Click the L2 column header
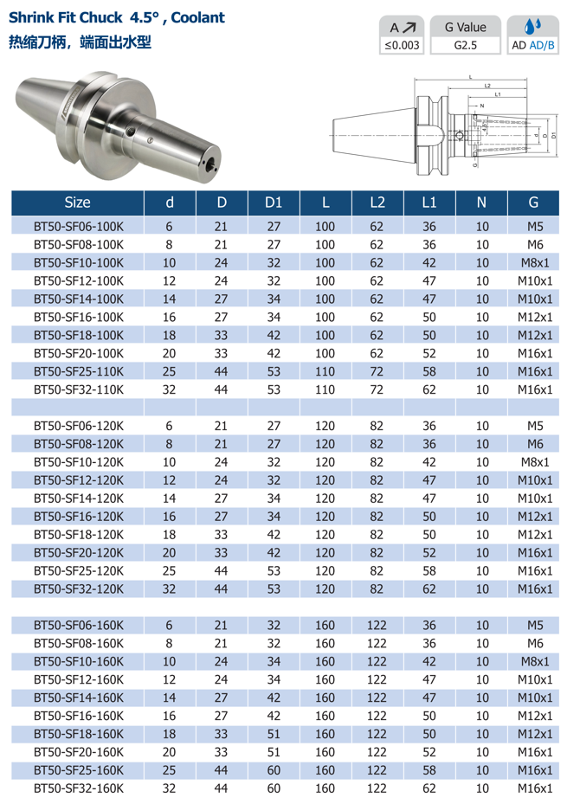[x=377, y=203]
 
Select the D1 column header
[x=274, y=203]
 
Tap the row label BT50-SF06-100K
[x=79, y=227]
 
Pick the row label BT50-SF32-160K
[x=79, y=788]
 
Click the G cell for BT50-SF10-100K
[x=535, y=263]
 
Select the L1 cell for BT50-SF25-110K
[x=429, y=372]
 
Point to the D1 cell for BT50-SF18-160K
[x=274, y=734]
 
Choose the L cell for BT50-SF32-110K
[x=325, y=389]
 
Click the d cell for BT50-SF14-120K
[x=169, y=498]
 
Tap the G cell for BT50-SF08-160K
[x=535, y=644]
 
